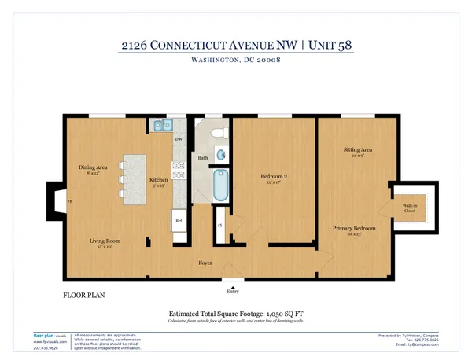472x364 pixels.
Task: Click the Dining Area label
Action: (x=92, y=167)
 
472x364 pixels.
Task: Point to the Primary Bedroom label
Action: (x=354, y=228)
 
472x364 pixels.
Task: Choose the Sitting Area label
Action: (x=357, y=149)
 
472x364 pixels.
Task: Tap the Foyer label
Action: (x=205, y=263)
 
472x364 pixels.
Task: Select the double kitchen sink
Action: (x=163, y=124)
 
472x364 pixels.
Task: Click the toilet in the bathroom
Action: (x=219, y=131)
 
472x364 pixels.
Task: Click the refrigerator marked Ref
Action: (x=179, y=222)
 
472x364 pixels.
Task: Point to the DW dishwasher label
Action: (x=179, y=141)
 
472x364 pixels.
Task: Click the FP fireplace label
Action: (x=70, y=201)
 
